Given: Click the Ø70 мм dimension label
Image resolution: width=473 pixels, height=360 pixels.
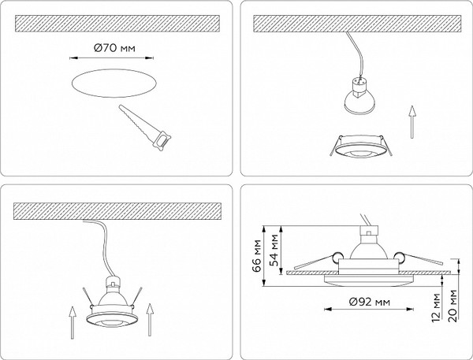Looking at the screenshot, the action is [x=114, y=47].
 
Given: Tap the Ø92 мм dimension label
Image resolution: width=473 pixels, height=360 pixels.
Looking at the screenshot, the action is [x=369, y=302].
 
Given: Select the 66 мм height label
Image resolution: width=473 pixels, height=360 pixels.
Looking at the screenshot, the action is [x=257, y=256].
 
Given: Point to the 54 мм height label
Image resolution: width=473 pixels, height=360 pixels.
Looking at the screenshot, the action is [x=274, y=251].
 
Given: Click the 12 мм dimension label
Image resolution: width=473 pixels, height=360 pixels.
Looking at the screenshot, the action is [x=436, y=307].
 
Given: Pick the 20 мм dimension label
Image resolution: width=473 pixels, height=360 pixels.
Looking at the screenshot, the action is [x=453, y=306].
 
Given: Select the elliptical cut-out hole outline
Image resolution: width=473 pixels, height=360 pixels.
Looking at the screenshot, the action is [x=114, y=84].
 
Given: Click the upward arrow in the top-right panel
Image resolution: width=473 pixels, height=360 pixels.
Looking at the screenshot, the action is [x=412, y=122].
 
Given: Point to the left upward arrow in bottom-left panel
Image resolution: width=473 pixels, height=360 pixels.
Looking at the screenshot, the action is [x=72, y=323].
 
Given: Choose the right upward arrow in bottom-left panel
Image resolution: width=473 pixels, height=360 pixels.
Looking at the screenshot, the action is [x=150, y=320].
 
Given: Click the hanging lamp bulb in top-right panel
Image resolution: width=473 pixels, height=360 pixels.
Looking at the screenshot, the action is [x=358, y=95].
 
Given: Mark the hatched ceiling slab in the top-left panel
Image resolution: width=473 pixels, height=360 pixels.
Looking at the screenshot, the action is [x=117, y=23].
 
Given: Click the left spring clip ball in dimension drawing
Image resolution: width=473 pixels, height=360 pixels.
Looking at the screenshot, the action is [x=336, y=256].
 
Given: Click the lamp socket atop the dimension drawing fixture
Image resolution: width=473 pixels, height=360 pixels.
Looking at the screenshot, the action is [x=368, y=231].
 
